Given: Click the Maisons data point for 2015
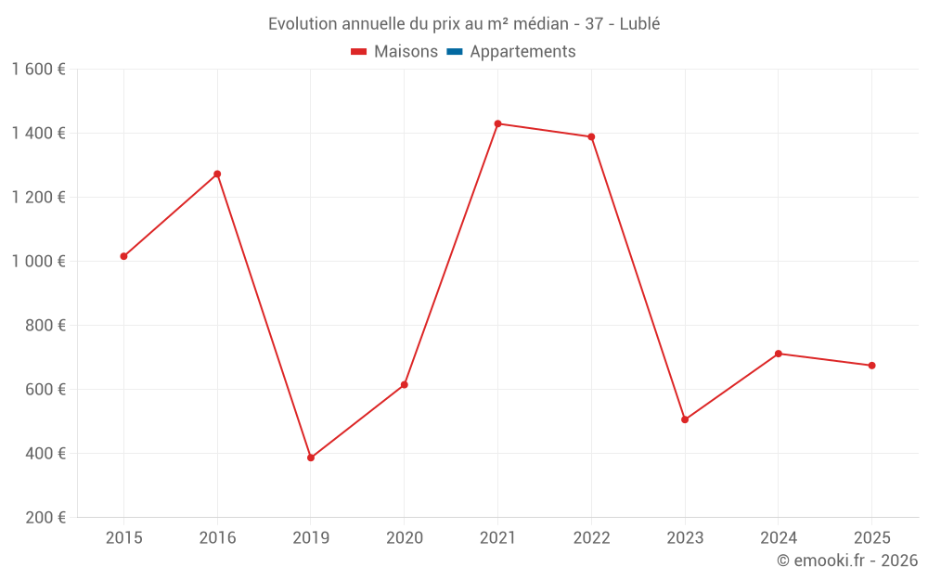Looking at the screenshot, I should click(x=123, y=256).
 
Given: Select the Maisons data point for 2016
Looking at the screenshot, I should click(x=217, y=174).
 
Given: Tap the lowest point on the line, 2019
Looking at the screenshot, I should click(x=311, y=458).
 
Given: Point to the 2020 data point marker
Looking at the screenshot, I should click(x=405, y=384).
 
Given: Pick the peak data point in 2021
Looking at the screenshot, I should click(x=497, y=123).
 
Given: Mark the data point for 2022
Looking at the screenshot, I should click(x=591, y=137).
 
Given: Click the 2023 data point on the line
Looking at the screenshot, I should click(x=685, y=419).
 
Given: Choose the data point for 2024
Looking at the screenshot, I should click(x=779, y=354).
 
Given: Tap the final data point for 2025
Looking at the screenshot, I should click(x=871, y=366).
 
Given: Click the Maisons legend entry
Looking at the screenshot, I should click(x=394, y=52).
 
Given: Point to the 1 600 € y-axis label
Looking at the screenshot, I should click(x=38, y=70).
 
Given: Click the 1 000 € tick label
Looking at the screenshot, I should click(x=38, y=262).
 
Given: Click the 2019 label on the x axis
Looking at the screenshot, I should click(x=311, y=537).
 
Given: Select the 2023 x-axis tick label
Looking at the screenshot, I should click(x=685, y=537).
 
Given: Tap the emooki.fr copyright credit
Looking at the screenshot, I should click(x=847, y=561).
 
